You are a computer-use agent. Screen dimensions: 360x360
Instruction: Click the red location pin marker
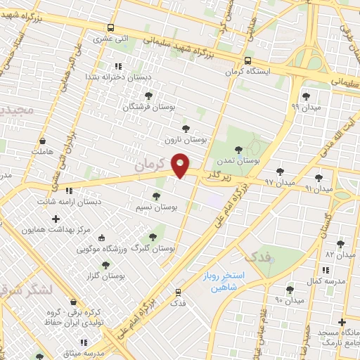[x=181, y=165]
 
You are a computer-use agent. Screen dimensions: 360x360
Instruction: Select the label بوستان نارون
[x=186, y=140]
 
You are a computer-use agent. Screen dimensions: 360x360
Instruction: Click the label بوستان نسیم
[x=156, y=207]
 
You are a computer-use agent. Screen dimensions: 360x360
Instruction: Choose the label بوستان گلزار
[x=105, y=276]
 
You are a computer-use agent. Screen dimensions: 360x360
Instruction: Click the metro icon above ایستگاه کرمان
[x=247, y=61]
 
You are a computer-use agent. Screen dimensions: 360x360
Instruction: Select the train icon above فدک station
[x=178, y=290]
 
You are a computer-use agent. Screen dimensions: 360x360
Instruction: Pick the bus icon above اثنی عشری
[x=110, y=28]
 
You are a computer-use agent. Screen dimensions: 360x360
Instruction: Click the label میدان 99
[x=304, y=108]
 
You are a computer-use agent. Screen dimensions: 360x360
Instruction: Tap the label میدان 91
[x=319, y=188]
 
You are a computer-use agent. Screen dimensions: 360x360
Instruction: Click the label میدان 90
[x=289, y=300]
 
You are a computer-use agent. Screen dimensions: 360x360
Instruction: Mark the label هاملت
[x=41, y=151]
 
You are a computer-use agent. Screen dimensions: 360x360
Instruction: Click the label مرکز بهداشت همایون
[x=57, y=230]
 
